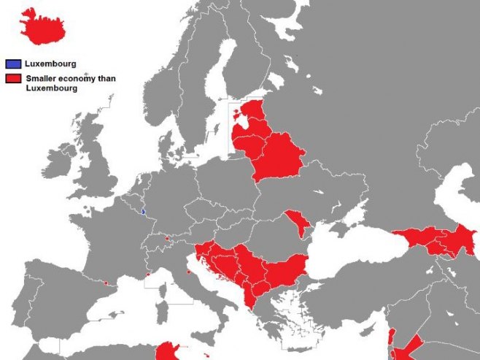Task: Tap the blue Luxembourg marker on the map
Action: pos(143,212)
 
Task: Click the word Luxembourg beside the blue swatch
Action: pos(50,64)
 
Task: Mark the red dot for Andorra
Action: pos(107,283)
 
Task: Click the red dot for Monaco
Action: pos(148,275)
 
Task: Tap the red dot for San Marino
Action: pos(189,272)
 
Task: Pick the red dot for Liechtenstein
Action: pos(167,238)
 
